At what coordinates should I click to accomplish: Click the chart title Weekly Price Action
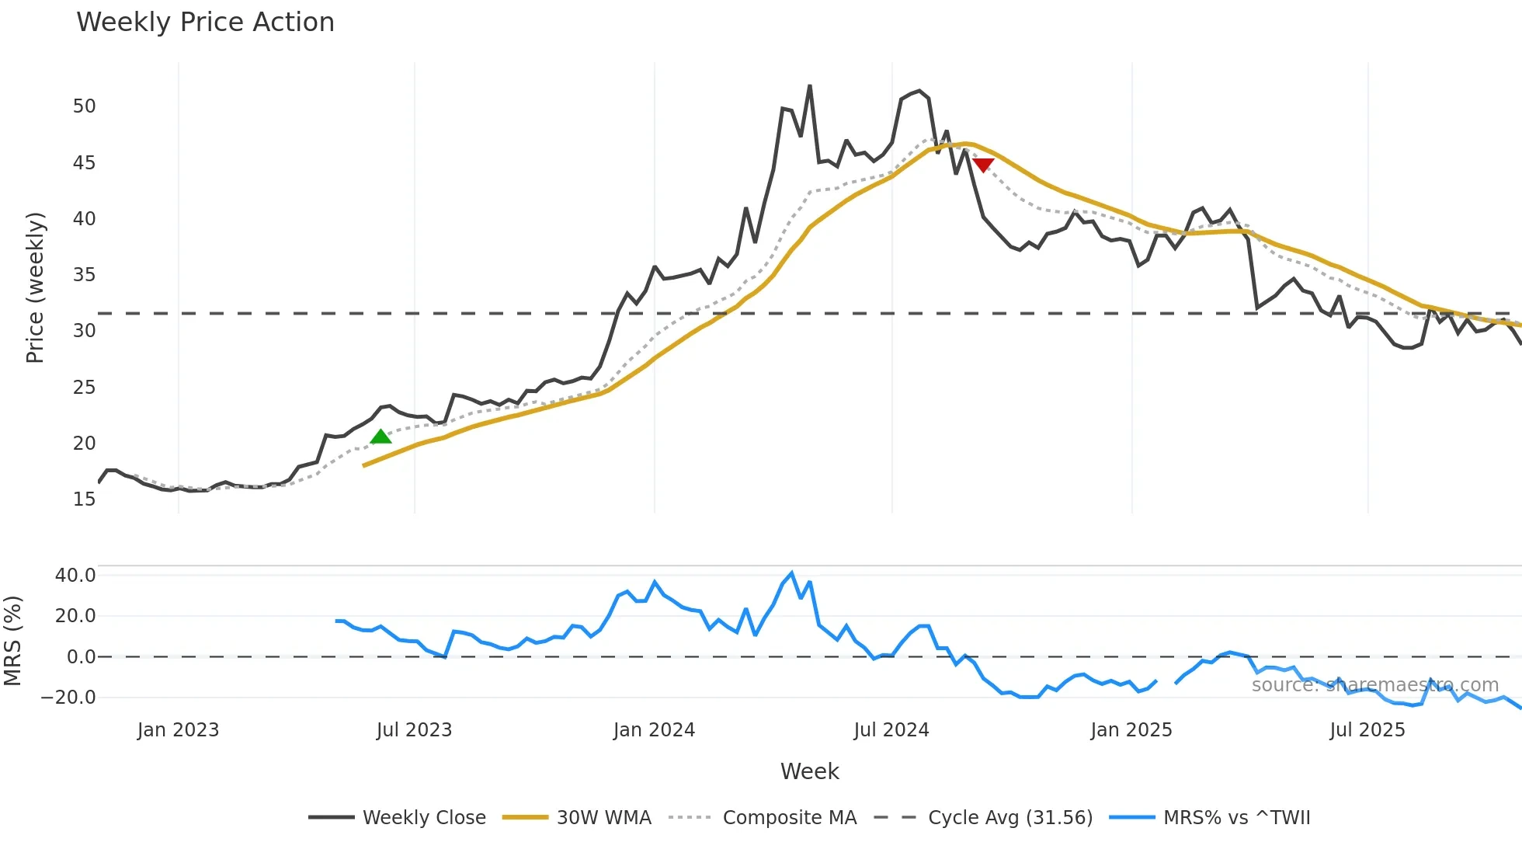205,23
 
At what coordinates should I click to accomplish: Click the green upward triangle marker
380,437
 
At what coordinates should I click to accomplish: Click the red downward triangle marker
983,165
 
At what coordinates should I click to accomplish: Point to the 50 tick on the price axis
84,106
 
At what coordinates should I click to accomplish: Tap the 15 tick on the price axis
84,499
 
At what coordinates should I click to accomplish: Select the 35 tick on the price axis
84,275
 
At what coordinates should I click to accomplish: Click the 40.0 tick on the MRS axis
75,576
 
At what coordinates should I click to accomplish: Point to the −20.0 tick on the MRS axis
68,698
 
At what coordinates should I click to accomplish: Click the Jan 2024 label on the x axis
654,730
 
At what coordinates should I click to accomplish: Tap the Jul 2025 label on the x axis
1367,730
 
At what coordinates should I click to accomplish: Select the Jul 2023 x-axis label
414,730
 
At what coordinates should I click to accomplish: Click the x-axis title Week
809,771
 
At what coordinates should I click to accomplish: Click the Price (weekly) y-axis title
35,287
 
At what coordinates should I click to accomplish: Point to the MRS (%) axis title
12,641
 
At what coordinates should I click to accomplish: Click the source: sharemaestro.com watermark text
1374,685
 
